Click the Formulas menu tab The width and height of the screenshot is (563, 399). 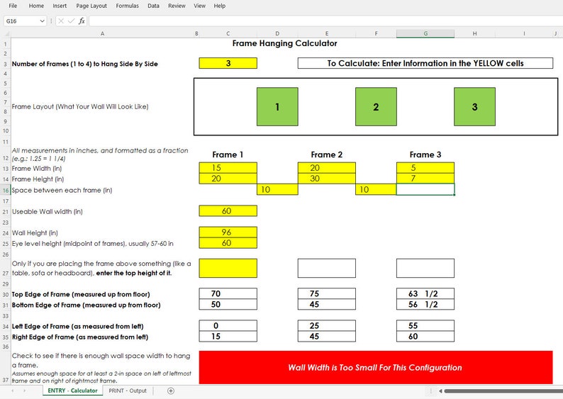(127, 6)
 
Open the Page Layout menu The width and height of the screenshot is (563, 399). (91, 6)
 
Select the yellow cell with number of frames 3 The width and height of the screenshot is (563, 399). (228, 63)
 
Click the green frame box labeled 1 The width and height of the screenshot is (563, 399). (277, 107)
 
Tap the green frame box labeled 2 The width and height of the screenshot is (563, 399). (376, 107)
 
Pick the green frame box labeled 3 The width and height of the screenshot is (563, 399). (474, 107)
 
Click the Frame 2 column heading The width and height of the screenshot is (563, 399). (326, 154)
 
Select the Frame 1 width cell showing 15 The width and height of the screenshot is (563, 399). (228, 167)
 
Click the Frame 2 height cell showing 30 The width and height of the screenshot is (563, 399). (326, 179)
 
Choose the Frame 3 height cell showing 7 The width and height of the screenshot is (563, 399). (425, 179)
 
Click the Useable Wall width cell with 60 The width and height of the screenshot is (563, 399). (228, 211)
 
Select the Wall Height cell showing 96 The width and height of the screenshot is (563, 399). (228, 232)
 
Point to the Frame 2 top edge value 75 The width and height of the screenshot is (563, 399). (326, 293)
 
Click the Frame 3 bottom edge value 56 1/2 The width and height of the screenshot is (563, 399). (425, 305)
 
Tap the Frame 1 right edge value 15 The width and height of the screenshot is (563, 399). (228, 337)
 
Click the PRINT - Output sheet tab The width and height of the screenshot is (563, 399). (128, 390)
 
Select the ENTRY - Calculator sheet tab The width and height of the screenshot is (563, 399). (72, 390)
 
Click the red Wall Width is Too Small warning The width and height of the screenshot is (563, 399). (375, 367)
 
